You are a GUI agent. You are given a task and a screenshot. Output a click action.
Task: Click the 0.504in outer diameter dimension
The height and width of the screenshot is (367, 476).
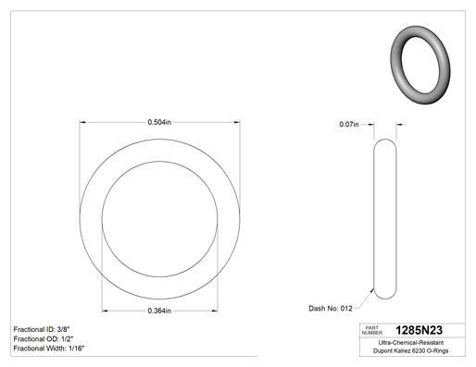[159, 122]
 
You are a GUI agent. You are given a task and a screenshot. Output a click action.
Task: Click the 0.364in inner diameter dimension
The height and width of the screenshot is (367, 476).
[159, 311]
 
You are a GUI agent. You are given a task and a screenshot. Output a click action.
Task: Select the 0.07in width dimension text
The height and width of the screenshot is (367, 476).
[349, 125]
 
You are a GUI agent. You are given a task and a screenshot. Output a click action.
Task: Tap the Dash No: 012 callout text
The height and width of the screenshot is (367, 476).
[331, 309]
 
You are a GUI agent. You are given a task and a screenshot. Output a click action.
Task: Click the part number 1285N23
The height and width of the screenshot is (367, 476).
[419, 330]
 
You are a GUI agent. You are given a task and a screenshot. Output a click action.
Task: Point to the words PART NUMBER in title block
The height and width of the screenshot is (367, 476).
[372, 330]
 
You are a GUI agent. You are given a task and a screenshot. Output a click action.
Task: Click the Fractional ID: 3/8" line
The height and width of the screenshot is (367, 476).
[44, 329]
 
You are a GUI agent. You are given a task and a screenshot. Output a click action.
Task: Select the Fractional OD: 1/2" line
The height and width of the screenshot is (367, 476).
[44, 339]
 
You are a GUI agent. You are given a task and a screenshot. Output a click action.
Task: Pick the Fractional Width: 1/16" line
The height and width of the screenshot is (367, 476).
[49, 349]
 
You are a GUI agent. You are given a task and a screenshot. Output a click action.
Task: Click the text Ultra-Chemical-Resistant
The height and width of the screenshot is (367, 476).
[411, 343]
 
